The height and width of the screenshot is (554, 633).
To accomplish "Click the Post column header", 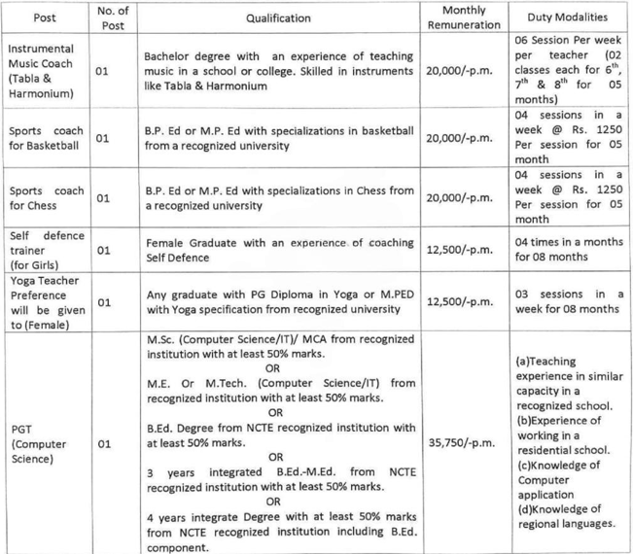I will coord(45,17).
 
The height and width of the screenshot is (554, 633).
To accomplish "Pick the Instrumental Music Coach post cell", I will coord(45,71).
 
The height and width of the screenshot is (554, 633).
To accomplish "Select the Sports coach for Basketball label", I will coord(45,137).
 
